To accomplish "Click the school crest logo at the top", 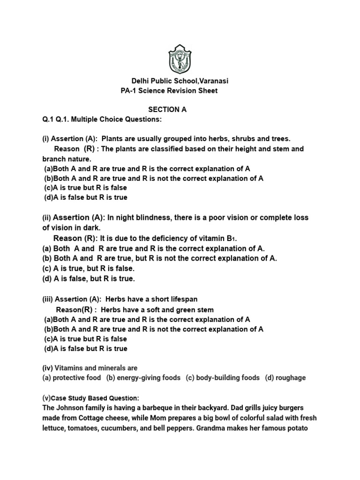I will coord(180,59).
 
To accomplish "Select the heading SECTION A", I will coord(167,110).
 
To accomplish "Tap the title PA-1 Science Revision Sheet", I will coord(169,90).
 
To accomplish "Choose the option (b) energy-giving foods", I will coord(143,378).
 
